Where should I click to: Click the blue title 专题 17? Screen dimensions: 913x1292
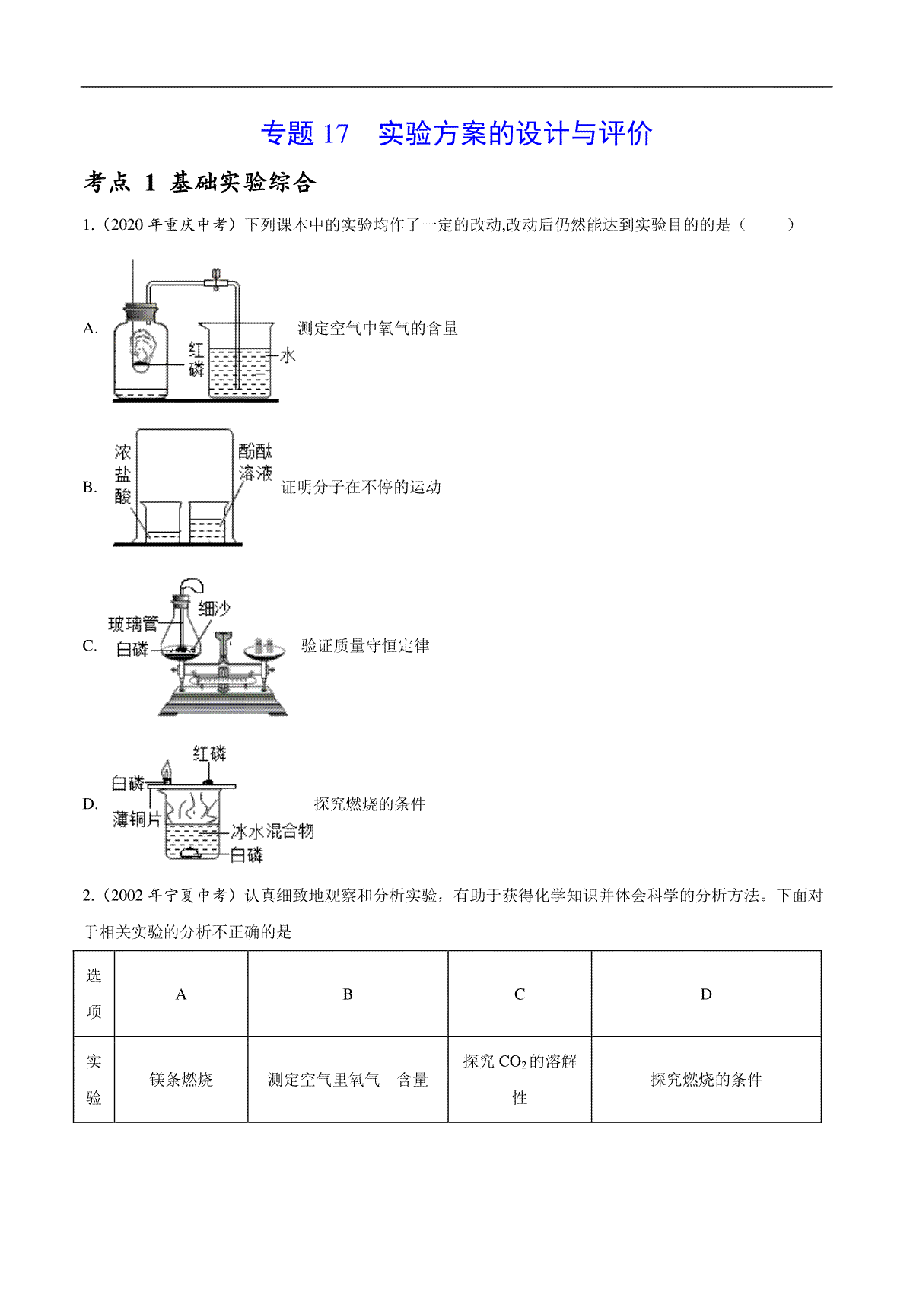(305, 133)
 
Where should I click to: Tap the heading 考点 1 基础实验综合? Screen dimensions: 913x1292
(199, 183)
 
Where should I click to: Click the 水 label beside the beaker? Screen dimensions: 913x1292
(288, 355)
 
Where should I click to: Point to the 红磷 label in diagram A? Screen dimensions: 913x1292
(196, 358)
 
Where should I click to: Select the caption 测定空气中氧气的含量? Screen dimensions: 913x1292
(378, 329)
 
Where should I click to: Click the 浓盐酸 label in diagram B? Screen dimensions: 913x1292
(122, 474)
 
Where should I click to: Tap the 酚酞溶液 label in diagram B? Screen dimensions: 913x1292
(255, 461)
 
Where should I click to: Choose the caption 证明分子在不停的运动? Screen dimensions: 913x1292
(361, 488)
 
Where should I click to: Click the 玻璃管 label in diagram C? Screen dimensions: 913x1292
(133, 623)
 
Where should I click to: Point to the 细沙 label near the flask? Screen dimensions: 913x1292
(214, 609)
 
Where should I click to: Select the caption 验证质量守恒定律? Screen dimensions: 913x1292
(365, 646)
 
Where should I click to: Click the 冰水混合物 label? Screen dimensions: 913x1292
(272, 831)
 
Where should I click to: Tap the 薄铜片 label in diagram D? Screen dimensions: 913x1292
(137, 819)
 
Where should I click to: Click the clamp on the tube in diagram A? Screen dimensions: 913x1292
(216, 280)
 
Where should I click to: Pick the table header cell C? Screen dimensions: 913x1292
(520, 994)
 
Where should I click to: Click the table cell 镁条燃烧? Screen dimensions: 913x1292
(181, 1080)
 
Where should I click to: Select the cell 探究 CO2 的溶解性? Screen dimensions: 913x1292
(520, 1080)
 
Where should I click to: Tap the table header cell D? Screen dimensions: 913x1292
(706, 994)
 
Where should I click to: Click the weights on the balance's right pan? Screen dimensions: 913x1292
(264, 644)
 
